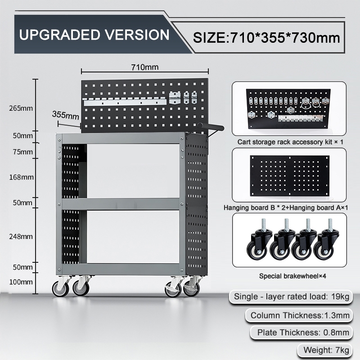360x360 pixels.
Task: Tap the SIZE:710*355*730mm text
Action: [x=266, y=37]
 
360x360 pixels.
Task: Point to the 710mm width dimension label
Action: [x=145, y=67]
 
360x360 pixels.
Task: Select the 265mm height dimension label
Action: [x=21, y=108]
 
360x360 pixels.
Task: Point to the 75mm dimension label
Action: [x=23, y=152]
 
